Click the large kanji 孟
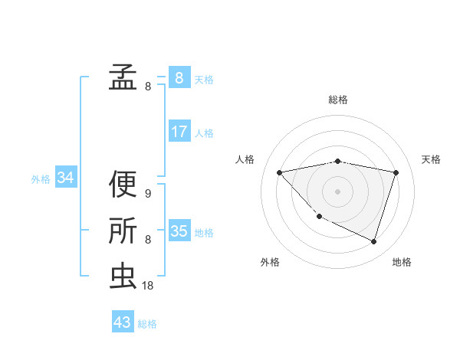(123, 77)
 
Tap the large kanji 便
(123, 184)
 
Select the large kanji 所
(123, 231)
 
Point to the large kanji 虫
(123, 277)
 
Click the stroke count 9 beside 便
(147, 194)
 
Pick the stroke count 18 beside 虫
(149, 286)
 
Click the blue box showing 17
(179, 132)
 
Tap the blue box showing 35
(179, 231)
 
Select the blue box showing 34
(66, 178)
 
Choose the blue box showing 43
(123, 322)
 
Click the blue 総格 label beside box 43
(147, 324)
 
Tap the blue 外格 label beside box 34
(41, 179)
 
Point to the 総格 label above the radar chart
(338, 100)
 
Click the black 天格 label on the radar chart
(432, 159)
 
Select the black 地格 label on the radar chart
(402, 262)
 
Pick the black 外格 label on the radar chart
(270, 262)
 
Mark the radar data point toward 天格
(396, 172)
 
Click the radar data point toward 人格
(279, 172)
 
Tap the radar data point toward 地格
(374, 241)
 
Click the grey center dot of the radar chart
(337, 191)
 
